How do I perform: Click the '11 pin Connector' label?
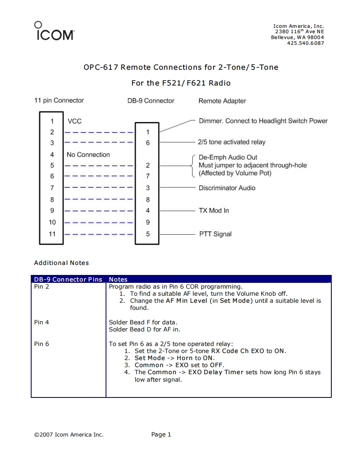pos(59,101)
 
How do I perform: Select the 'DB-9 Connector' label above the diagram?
pos(151,101)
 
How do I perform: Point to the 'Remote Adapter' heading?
pos(222,101)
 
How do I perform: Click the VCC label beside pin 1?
pos(74,121)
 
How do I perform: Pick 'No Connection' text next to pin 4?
pos(88,155)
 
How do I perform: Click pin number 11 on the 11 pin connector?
pos(52,233)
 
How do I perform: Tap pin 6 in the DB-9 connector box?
pos(148,142)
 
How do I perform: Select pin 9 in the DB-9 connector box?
pos(148,222)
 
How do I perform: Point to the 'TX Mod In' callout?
pos(214,211)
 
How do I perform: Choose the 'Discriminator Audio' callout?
pos(227,188)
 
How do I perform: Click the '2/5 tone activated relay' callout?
pos(232,142)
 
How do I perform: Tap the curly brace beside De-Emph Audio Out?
pos(192,165)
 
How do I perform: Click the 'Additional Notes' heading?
pos(61,263)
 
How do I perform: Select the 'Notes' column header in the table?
pos(118,280)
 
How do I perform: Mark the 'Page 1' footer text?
pos(161,434)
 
